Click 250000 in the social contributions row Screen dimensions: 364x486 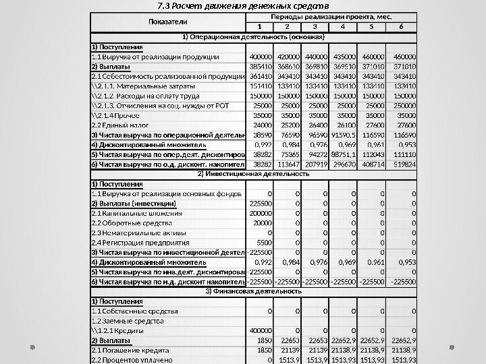click(x=404, y=106)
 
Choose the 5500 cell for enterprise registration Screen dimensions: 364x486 click(x=260, y=242)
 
